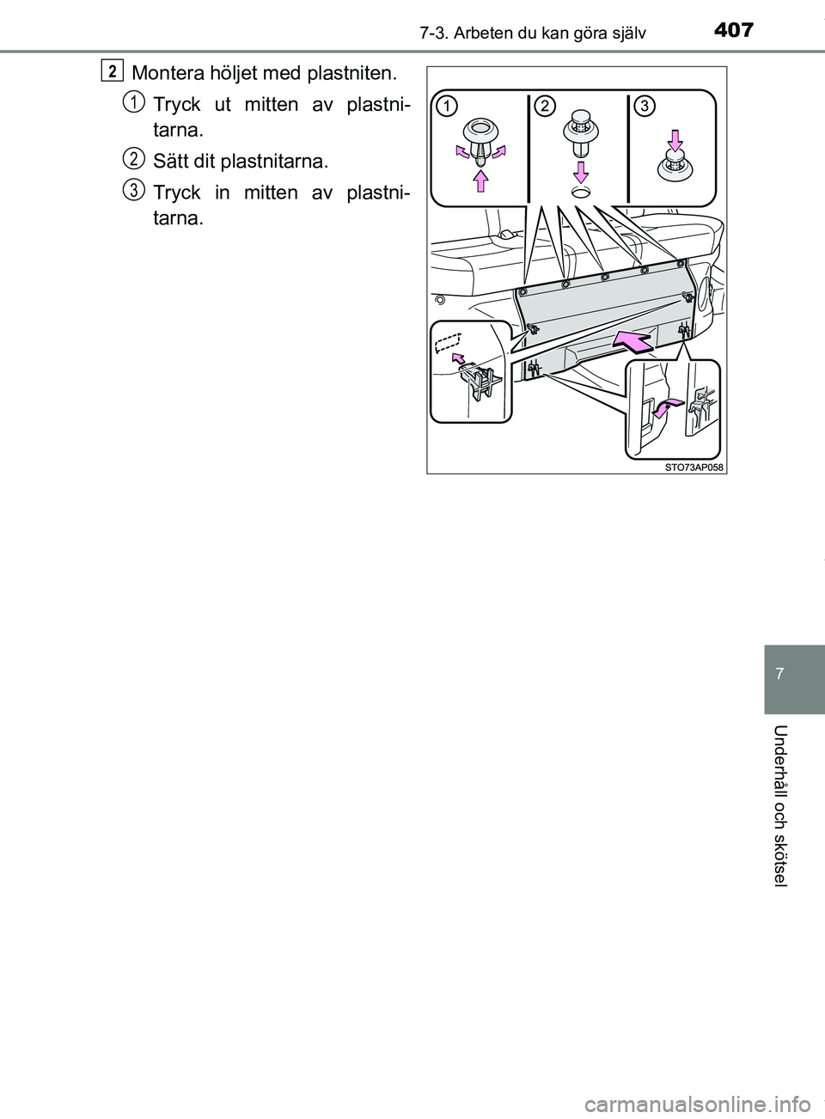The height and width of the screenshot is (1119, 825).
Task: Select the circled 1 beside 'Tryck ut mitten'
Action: [133, 103]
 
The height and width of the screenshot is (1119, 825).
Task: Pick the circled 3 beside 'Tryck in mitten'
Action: [133, 190]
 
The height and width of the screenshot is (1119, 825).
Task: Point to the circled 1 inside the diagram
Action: [445, 106]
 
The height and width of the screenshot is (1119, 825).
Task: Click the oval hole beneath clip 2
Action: [583, 194]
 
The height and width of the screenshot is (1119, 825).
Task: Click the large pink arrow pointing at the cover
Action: [630, 344]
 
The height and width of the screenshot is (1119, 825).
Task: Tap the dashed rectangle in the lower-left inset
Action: [448, 342]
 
